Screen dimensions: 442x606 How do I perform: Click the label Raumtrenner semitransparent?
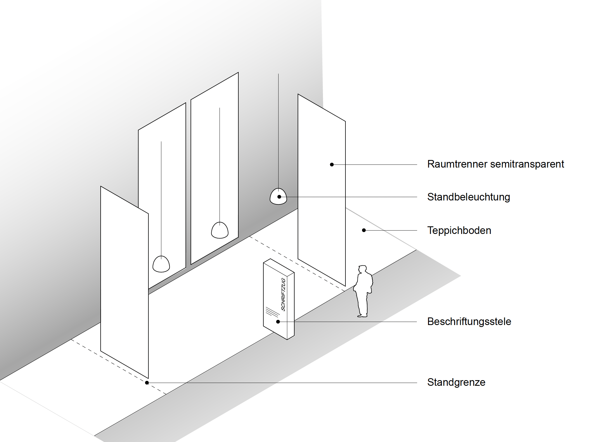tap(495, 164)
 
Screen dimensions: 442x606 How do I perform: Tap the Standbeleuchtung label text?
tap(469, 197)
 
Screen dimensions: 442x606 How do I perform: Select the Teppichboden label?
tap(459, 231)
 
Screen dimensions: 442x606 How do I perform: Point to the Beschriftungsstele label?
tap(469, 322)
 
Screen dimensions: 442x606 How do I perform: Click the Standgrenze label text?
tap(456, 382)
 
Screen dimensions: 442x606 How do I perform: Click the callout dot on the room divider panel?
tap(332, 164)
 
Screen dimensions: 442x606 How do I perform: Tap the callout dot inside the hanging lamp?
tap(279, 197)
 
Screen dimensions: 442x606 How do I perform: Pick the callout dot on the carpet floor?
tap(364, 230)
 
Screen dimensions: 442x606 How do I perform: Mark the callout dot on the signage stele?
tap(278, 322)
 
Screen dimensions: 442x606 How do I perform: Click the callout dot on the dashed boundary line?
tap(147, 383)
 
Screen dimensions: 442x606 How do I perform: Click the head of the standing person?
tap(362, 269)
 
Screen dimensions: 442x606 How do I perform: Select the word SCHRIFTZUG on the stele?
tap(283, 294)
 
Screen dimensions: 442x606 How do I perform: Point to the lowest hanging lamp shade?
tap(161, 264)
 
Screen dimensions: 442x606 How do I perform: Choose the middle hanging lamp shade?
tap(220, 231)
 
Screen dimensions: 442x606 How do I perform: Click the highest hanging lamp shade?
tap(278, 196)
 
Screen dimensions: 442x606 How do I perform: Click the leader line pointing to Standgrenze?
tap(281, 383)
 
